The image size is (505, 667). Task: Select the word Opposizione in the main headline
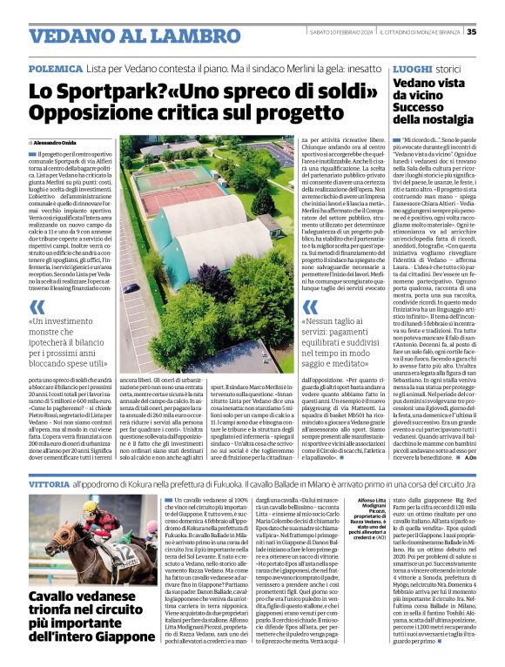pos(96,113)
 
